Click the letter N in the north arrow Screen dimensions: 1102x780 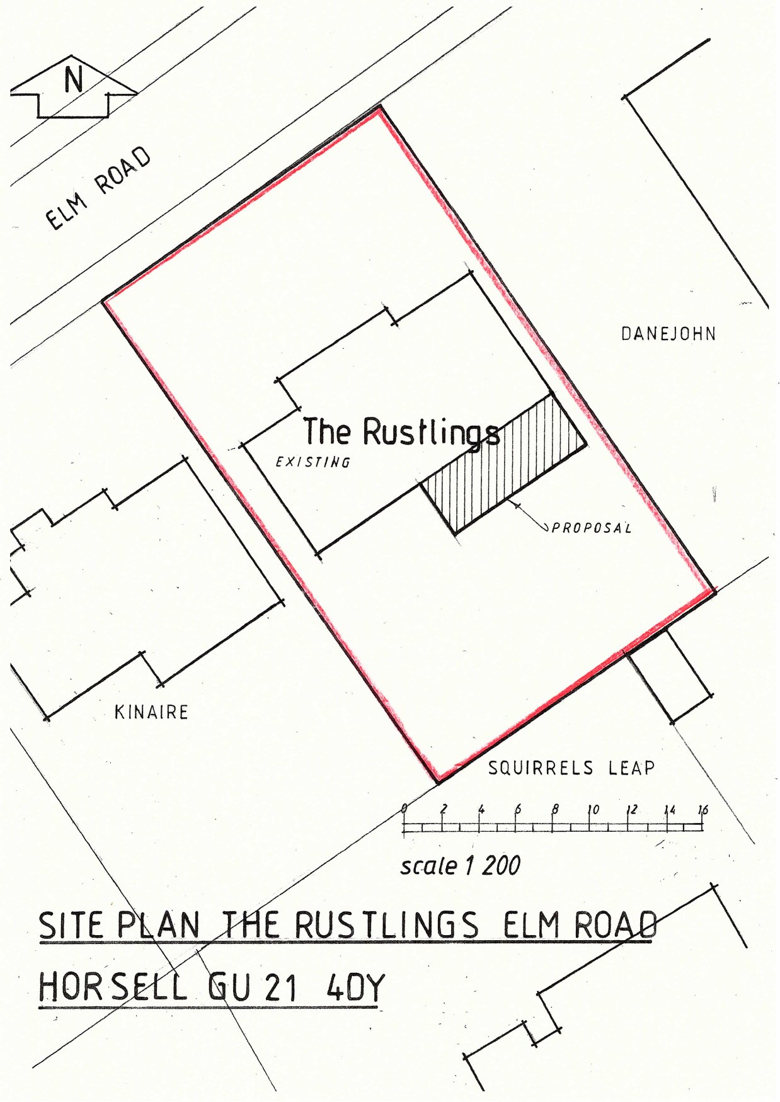(x=74, y=80)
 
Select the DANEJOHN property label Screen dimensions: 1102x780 (x=668, y=334)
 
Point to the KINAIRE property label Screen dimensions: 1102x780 (x=151, y=712)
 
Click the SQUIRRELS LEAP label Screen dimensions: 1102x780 (x=571, y=768)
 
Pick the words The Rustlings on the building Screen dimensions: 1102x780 (x=401, y=432)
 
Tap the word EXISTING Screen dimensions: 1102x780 (x=313, y=462)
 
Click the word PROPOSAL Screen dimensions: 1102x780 (x=592, y=528)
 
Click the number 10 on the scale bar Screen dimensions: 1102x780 (x=592, y=810)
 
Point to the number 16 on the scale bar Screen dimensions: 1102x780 (x=703, y=810)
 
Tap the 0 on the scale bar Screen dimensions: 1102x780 (x=404, y=809)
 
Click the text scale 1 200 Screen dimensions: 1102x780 (x=461, y=866)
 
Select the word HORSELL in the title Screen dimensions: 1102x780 (x=113, y=987)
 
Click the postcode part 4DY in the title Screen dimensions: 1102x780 (x=355, y=987)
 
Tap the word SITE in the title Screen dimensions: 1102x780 (x=71, y=926)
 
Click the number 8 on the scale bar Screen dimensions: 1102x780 (x=555, y=810)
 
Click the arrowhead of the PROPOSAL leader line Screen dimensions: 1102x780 (x=516, y=504)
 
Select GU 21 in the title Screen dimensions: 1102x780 (x=253, y=987)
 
